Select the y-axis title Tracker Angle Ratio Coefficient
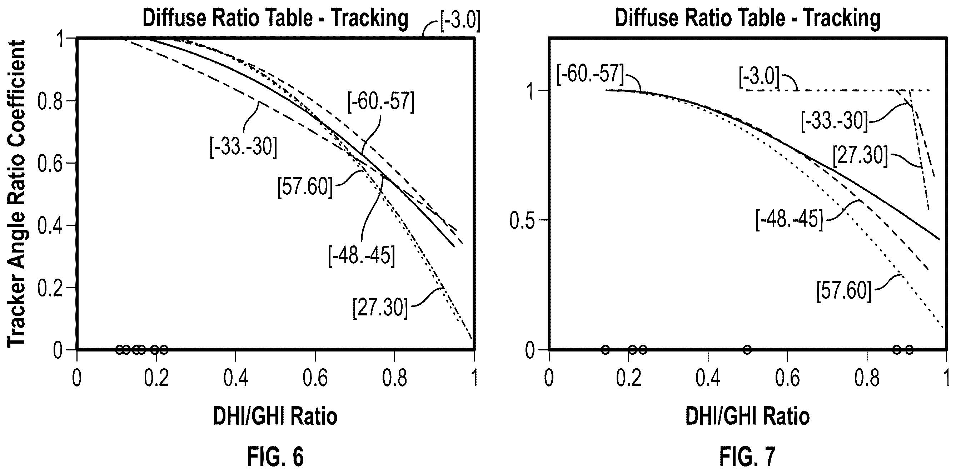coord(16,194)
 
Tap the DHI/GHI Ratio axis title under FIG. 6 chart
coord(275,416)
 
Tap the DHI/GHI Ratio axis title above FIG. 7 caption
coord(747,416)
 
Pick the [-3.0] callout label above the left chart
coord(460,21)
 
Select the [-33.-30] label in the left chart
coord(243,148)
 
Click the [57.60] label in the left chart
coord(305,187)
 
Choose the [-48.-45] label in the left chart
coord(362,256)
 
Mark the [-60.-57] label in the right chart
coord(591,74)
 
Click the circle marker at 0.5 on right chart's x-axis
coord(747,349)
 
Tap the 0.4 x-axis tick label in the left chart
coord(236,378)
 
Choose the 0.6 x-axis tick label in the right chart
coord(787,378)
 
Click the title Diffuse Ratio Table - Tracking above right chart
coord(747,18)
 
